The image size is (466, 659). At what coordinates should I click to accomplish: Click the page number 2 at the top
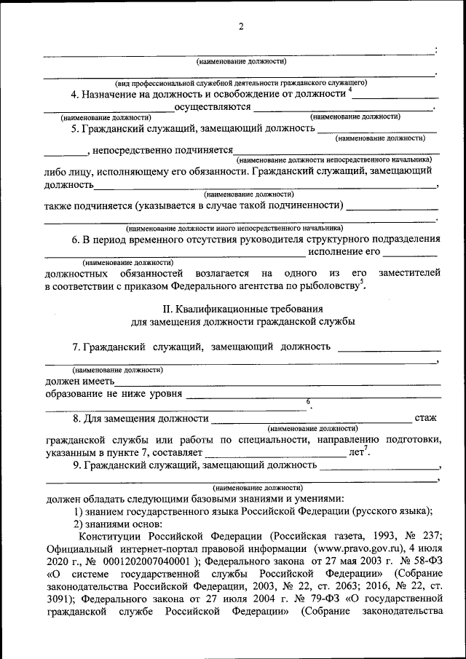click(241, 27)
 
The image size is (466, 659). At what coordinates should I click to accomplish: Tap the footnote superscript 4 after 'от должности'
click(349, 90)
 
